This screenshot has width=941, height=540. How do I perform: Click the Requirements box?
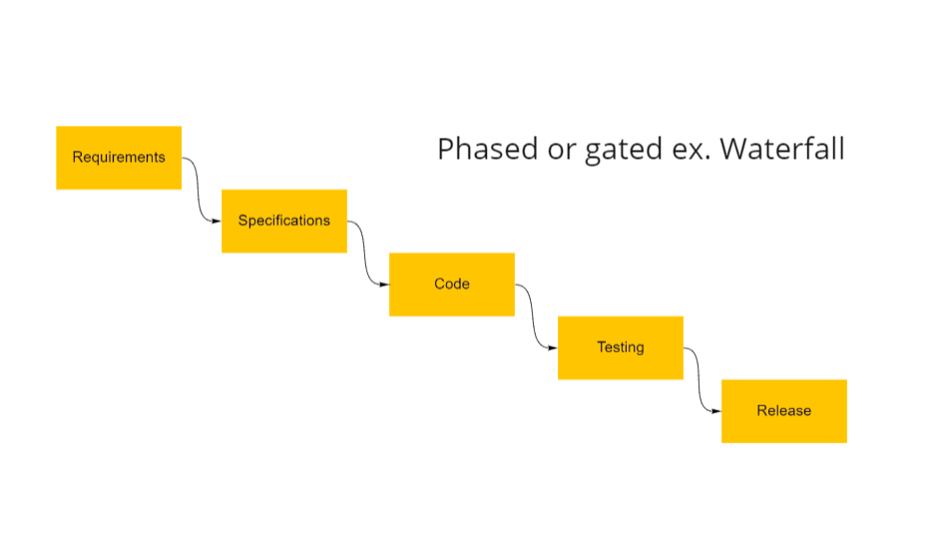119,158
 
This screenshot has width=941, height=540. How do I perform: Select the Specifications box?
284,222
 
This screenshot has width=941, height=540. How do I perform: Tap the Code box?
452,284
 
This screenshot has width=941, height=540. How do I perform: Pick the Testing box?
621,348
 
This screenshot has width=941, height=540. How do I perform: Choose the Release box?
784,411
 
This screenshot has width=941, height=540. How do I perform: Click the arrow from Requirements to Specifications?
198,190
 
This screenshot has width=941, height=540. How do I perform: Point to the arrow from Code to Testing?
532,316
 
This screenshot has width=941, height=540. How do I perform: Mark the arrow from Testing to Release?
699,380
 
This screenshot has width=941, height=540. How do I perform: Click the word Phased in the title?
487,149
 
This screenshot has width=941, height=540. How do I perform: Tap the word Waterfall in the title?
782,148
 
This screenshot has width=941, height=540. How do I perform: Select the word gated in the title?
624,150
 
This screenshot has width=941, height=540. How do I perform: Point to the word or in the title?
562,150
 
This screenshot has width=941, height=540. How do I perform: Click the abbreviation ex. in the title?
692,151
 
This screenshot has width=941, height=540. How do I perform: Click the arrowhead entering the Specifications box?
217,222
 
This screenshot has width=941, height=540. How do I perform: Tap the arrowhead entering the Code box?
384,284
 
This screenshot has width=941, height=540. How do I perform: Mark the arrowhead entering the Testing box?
553,348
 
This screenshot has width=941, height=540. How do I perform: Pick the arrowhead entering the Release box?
716,411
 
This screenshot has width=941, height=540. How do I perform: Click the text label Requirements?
119,158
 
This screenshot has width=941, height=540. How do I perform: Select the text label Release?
784,411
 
